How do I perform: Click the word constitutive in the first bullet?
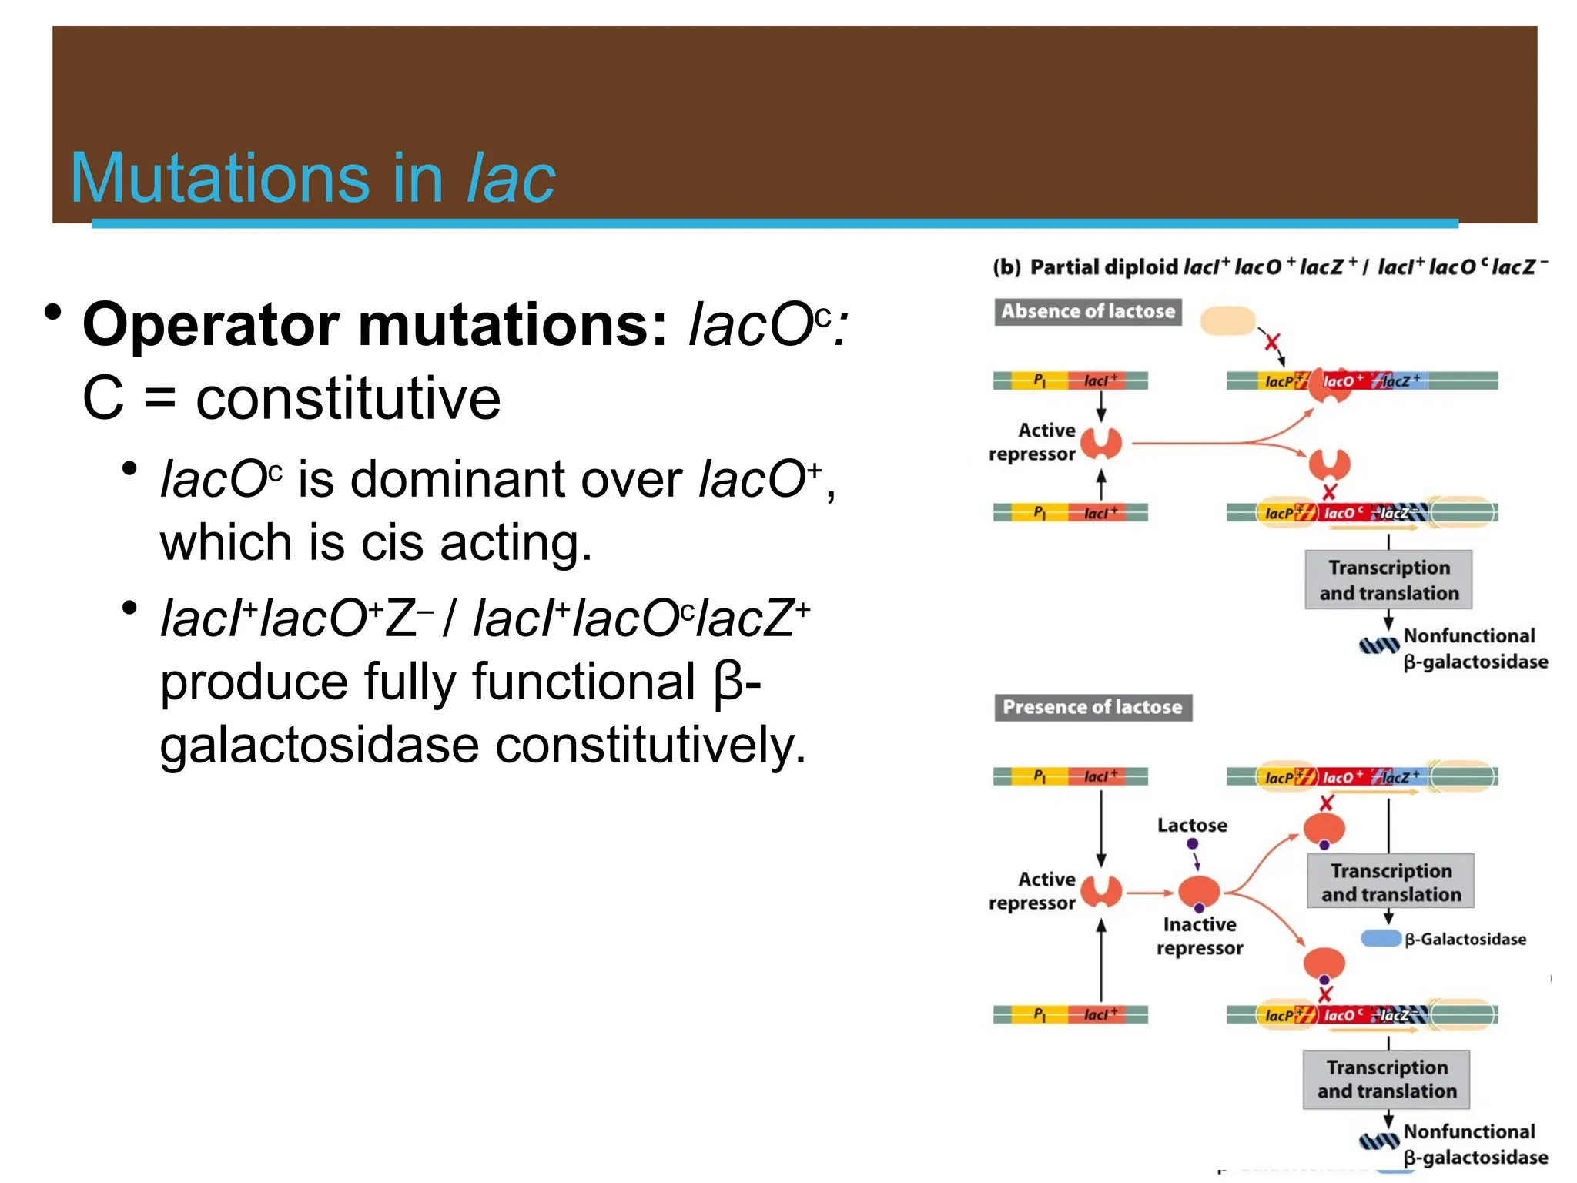coord(348,399)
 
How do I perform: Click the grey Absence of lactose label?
coord(1087,312)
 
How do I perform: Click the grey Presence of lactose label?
coord(1092,707)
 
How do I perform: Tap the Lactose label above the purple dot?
coord(1192,826)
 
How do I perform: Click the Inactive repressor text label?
coord(1200,936)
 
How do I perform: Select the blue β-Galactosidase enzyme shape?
coord(1380,938)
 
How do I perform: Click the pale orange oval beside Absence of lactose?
coord(1227,320)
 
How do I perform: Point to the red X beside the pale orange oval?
coord(1272,342)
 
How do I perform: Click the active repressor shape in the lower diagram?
coord(1101,892)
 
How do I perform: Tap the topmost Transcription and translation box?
coord(1388,580)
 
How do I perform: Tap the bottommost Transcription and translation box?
coord(1386,1079)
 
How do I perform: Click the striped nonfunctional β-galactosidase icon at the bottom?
coord(1378,1141)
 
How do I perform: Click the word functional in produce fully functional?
coord(583,682)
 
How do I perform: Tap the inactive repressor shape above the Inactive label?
coord(1199,892)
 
